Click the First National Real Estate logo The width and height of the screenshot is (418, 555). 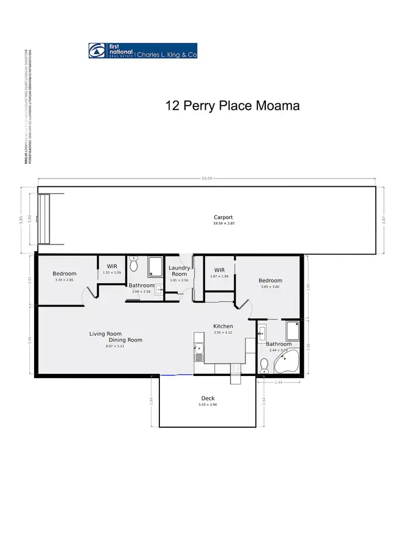(x=143, y=51)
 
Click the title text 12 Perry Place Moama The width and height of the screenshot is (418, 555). (x=232, y=105)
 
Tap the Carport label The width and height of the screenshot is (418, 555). (x=223, y=218)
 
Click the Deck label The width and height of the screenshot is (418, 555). (x=207, y=398)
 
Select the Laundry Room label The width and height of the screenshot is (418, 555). (x=179, y=271)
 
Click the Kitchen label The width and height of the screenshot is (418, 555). (x=223, y=326)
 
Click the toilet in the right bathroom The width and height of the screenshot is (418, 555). (x=265, y=365)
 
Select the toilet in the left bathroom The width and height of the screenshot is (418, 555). (x=133, y=266)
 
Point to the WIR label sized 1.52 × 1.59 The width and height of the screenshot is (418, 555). (x=111, y=267)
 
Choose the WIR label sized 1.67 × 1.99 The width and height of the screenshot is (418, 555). (x=219, y=270)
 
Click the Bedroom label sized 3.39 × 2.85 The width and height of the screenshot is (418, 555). (x=65, y=274)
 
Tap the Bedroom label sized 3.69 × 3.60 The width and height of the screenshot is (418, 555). (x=270, y=281)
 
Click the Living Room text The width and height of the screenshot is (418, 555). (x=105, y=334)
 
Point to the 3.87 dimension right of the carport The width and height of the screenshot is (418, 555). (x=383, y=220)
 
